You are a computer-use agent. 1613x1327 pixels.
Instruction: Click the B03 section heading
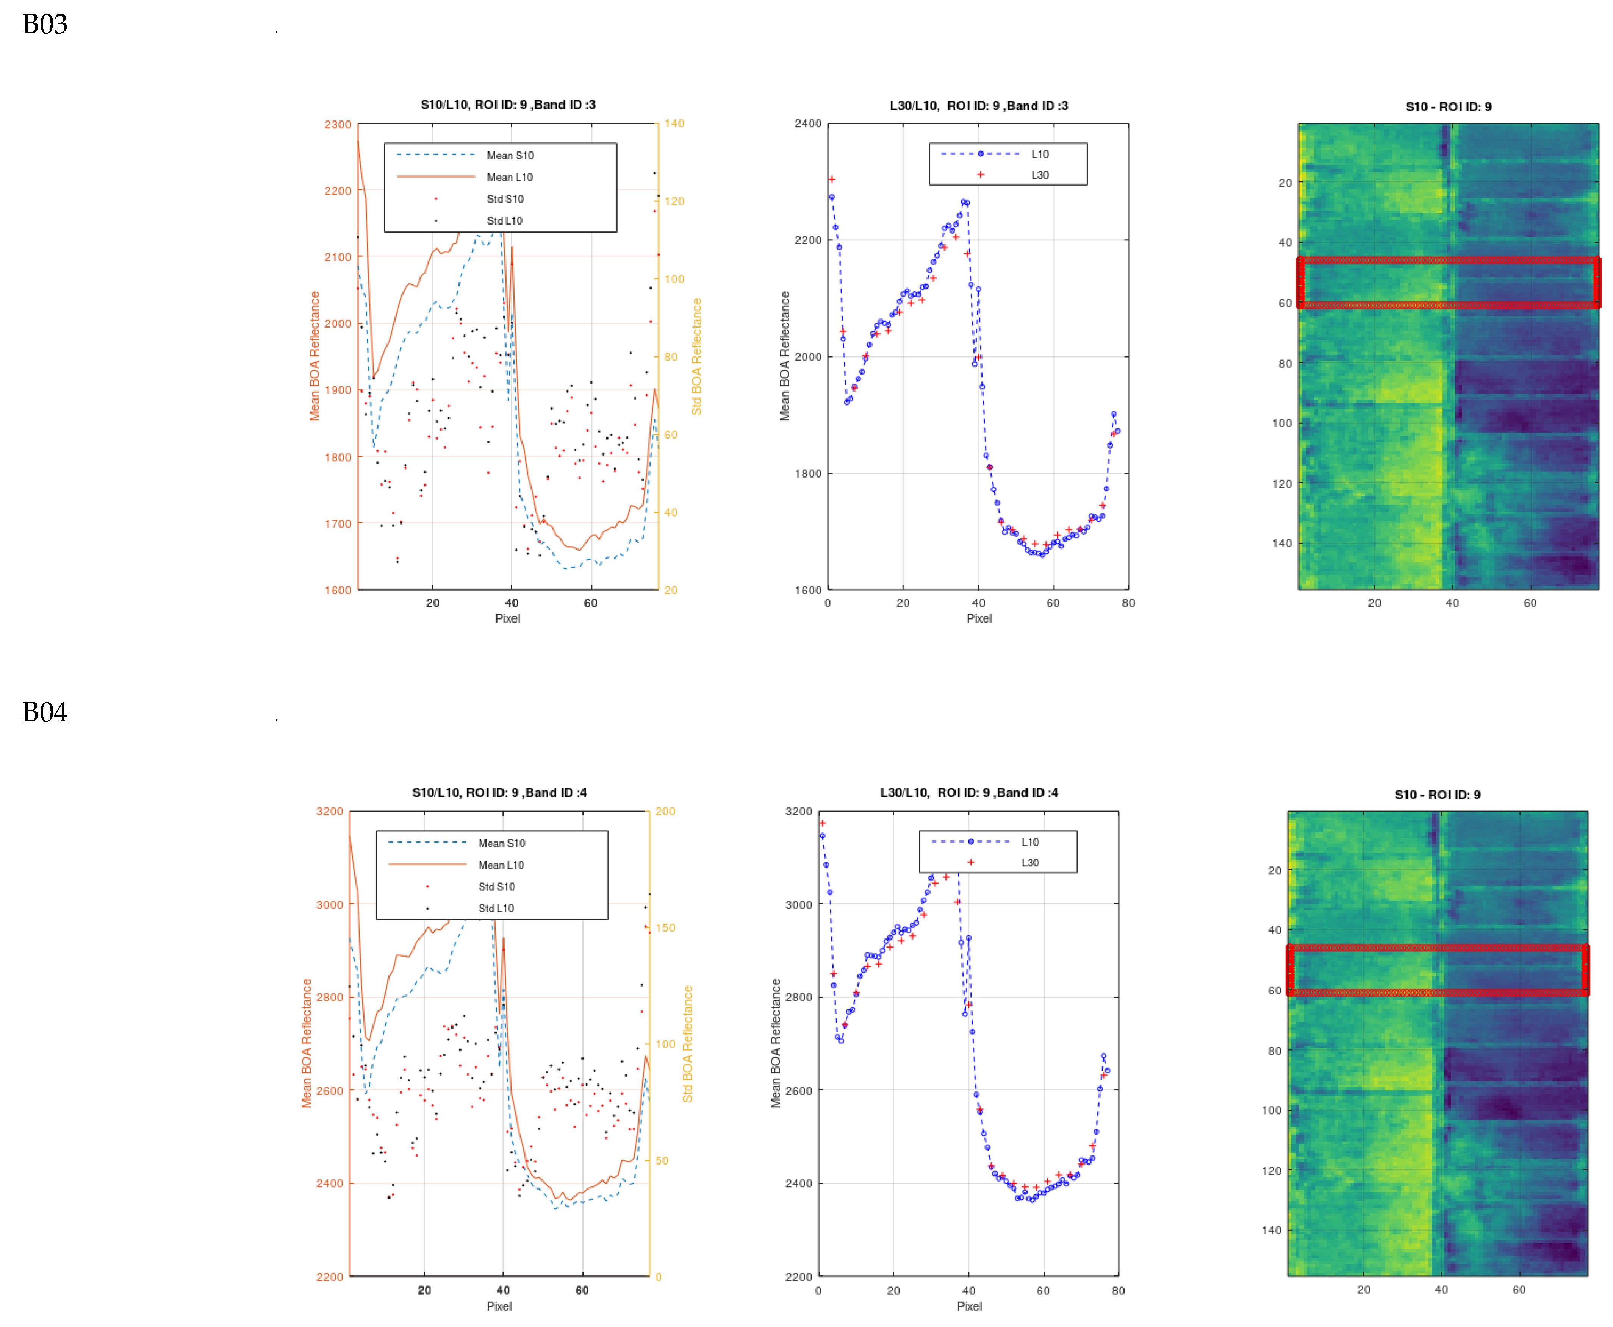coord(44,25)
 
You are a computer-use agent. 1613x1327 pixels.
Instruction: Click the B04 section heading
coord(44,712)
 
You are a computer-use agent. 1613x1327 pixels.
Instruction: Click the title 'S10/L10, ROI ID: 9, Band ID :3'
coord(508,105)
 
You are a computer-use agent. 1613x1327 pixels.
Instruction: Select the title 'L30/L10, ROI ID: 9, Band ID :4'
coord(969,793)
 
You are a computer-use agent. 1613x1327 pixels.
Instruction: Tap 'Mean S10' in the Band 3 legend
coord(510,155)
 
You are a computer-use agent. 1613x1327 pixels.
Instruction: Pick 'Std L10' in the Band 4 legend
coord(496,908)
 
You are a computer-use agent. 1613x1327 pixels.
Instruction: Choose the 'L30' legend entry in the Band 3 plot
coord(1039,175)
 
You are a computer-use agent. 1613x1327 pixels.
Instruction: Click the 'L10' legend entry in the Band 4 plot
coord(1029,841)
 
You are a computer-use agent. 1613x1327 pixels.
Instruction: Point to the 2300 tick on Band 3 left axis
coord(337,125)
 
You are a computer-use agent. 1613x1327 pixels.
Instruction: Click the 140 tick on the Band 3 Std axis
coord(674,124)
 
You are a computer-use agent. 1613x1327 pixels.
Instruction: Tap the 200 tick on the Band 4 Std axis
coord(665,812)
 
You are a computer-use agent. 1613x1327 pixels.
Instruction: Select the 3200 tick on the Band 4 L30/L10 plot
coord(798,812)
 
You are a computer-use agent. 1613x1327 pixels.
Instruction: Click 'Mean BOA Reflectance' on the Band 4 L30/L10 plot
coord(776,1043)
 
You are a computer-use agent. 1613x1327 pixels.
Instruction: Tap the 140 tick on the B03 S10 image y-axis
coord(1282,543)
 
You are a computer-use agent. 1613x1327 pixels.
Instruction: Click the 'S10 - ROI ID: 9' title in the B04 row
coord(1437,795)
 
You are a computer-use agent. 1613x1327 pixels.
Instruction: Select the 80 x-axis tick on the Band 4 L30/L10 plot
coord(1118,1290)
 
